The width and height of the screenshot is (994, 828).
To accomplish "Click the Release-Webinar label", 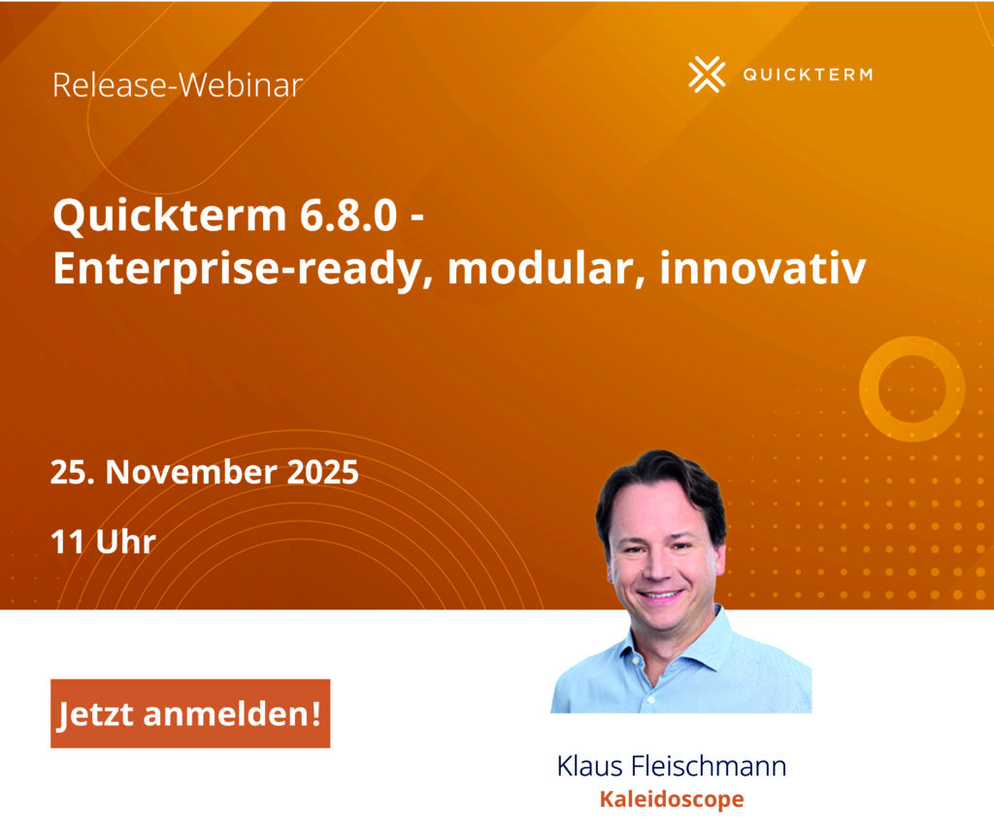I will [178, 85].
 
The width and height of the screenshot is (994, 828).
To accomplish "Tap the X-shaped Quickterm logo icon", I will [707, 75].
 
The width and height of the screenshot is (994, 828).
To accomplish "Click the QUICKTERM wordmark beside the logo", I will [807, 75].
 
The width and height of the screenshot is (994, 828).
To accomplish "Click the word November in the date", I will [194, 473].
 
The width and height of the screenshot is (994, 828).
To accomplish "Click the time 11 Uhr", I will [104, 541].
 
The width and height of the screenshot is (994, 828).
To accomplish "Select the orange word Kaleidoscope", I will [672, 800].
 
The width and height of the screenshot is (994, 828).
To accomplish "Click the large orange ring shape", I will [911, 388].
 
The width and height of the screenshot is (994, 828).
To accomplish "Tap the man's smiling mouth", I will [661, 593].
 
